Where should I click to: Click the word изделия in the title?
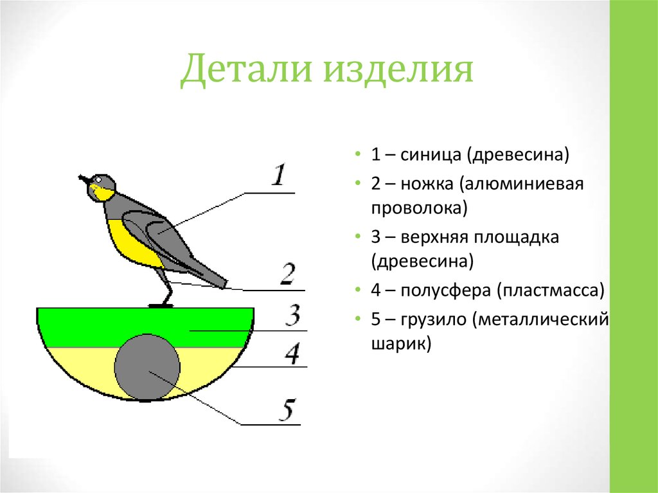(x=398, y=72)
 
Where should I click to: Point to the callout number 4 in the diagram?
(x=293, y=353)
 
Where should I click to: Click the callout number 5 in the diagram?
(x=289, y=409)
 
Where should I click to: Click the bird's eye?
(x=98, y=180)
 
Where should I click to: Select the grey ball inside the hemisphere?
(x=147, y=367)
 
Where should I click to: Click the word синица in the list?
(x=432, y=156)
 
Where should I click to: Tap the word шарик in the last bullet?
(x=399, y=345)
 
